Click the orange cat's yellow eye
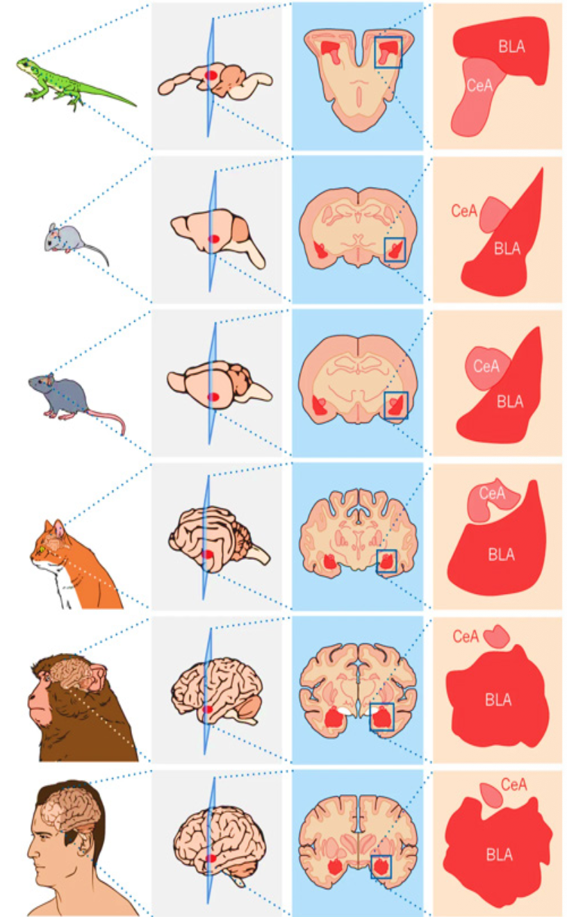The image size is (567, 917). point(42,550)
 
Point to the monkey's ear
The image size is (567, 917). point(97,677)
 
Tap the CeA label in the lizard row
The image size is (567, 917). point(479,85)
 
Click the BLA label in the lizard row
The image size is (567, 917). point(511,47)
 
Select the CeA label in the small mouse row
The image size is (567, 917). point(464,210)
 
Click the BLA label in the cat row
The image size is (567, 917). point(501,554)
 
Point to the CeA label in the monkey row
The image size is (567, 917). point(466,636)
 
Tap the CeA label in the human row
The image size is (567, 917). point(513,784)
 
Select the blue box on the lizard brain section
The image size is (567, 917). point(388,38)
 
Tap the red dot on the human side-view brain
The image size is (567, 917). point(211,859)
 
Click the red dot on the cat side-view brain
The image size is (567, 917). point(208,554)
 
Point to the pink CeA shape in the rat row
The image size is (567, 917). point(487,367)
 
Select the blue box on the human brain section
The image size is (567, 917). point(381,856)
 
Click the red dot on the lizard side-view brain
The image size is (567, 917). point(211,75)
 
